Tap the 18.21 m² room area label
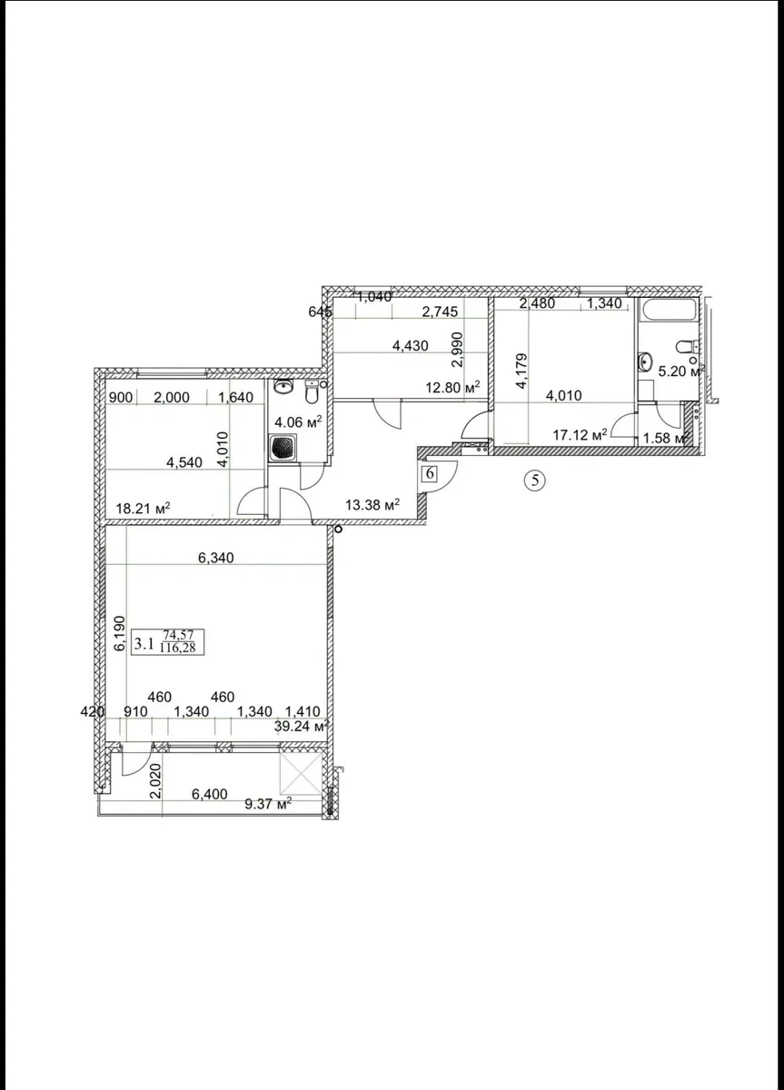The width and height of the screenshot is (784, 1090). tap(143, 509)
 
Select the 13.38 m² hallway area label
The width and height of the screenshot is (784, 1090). tap(372, 505)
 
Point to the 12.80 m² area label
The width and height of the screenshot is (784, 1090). tap(452, 388)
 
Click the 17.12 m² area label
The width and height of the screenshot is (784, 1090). tap(580, 434)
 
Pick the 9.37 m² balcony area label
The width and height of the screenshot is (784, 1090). tap(268, 803)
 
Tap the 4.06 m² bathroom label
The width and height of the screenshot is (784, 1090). tap(298, 421)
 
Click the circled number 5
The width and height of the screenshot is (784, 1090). tap(535, 481)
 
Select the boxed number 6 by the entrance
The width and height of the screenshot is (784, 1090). tap(430, 473)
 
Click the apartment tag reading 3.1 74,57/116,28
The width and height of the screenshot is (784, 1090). tap(168, 642)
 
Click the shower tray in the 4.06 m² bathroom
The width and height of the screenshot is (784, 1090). tap(283, 448)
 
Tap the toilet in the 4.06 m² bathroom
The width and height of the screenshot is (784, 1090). tap(312, 391)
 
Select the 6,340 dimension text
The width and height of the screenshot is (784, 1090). tap(215, 558)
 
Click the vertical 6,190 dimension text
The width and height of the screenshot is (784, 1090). tap(120, 634)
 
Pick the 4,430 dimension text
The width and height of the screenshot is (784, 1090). tap(411, 345)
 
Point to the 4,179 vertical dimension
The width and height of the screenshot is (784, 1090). tap(521, 371)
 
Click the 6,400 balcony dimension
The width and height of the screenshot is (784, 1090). tap(209, 794)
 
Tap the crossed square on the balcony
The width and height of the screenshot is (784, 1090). tap(301, 774)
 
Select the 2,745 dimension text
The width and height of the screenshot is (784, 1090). tap(440, 312)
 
